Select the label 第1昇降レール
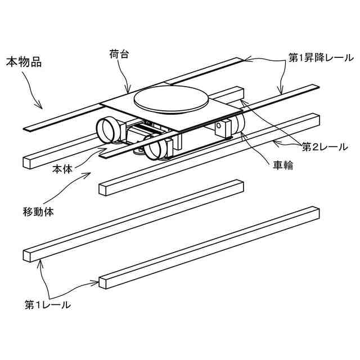tap(317, 58)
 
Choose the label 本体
tap(62, 168)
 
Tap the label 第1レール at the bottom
tap(47, 305)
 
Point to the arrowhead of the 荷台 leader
tap(129, 92)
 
